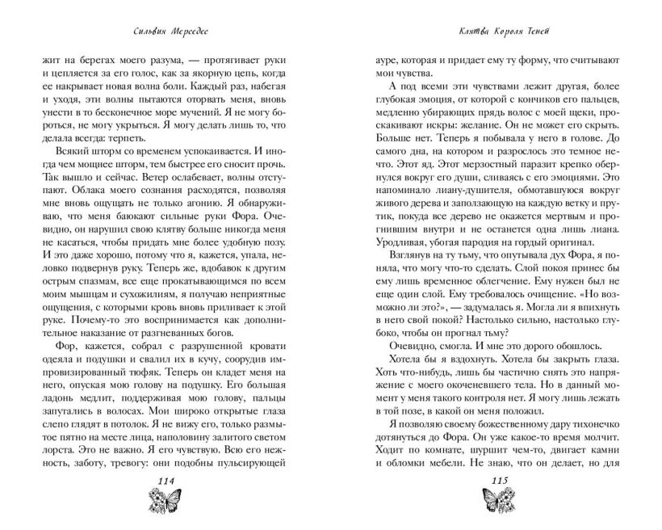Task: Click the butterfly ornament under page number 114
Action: click(x=167, y=503)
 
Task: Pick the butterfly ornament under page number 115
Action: click(x=494, y=503)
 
